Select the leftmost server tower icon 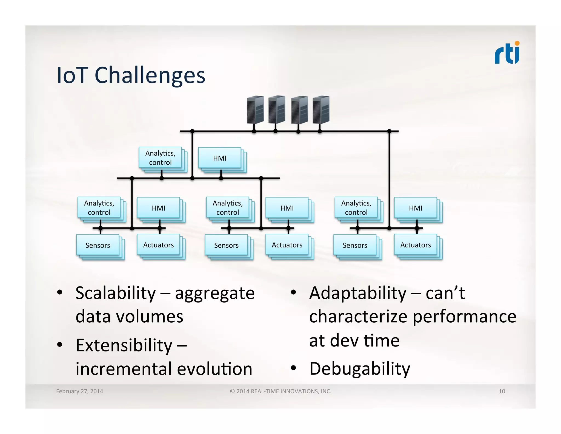255,110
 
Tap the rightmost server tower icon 321,110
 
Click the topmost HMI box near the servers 220,158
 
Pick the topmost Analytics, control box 160,158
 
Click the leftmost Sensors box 98,245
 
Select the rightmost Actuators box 415,245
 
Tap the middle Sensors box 226,245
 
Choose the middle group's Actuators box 287,245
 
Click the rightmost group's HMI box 415,208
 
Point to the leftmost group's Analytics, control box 99,208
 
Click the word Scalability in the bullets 115,293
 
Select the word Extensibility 124,345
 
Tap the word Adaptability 357,293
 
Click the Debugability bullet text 359,369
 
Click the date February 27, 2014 79,391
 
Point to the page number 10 502,391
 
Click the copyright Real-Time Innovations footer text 281,391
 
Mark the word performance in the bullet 464,317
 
